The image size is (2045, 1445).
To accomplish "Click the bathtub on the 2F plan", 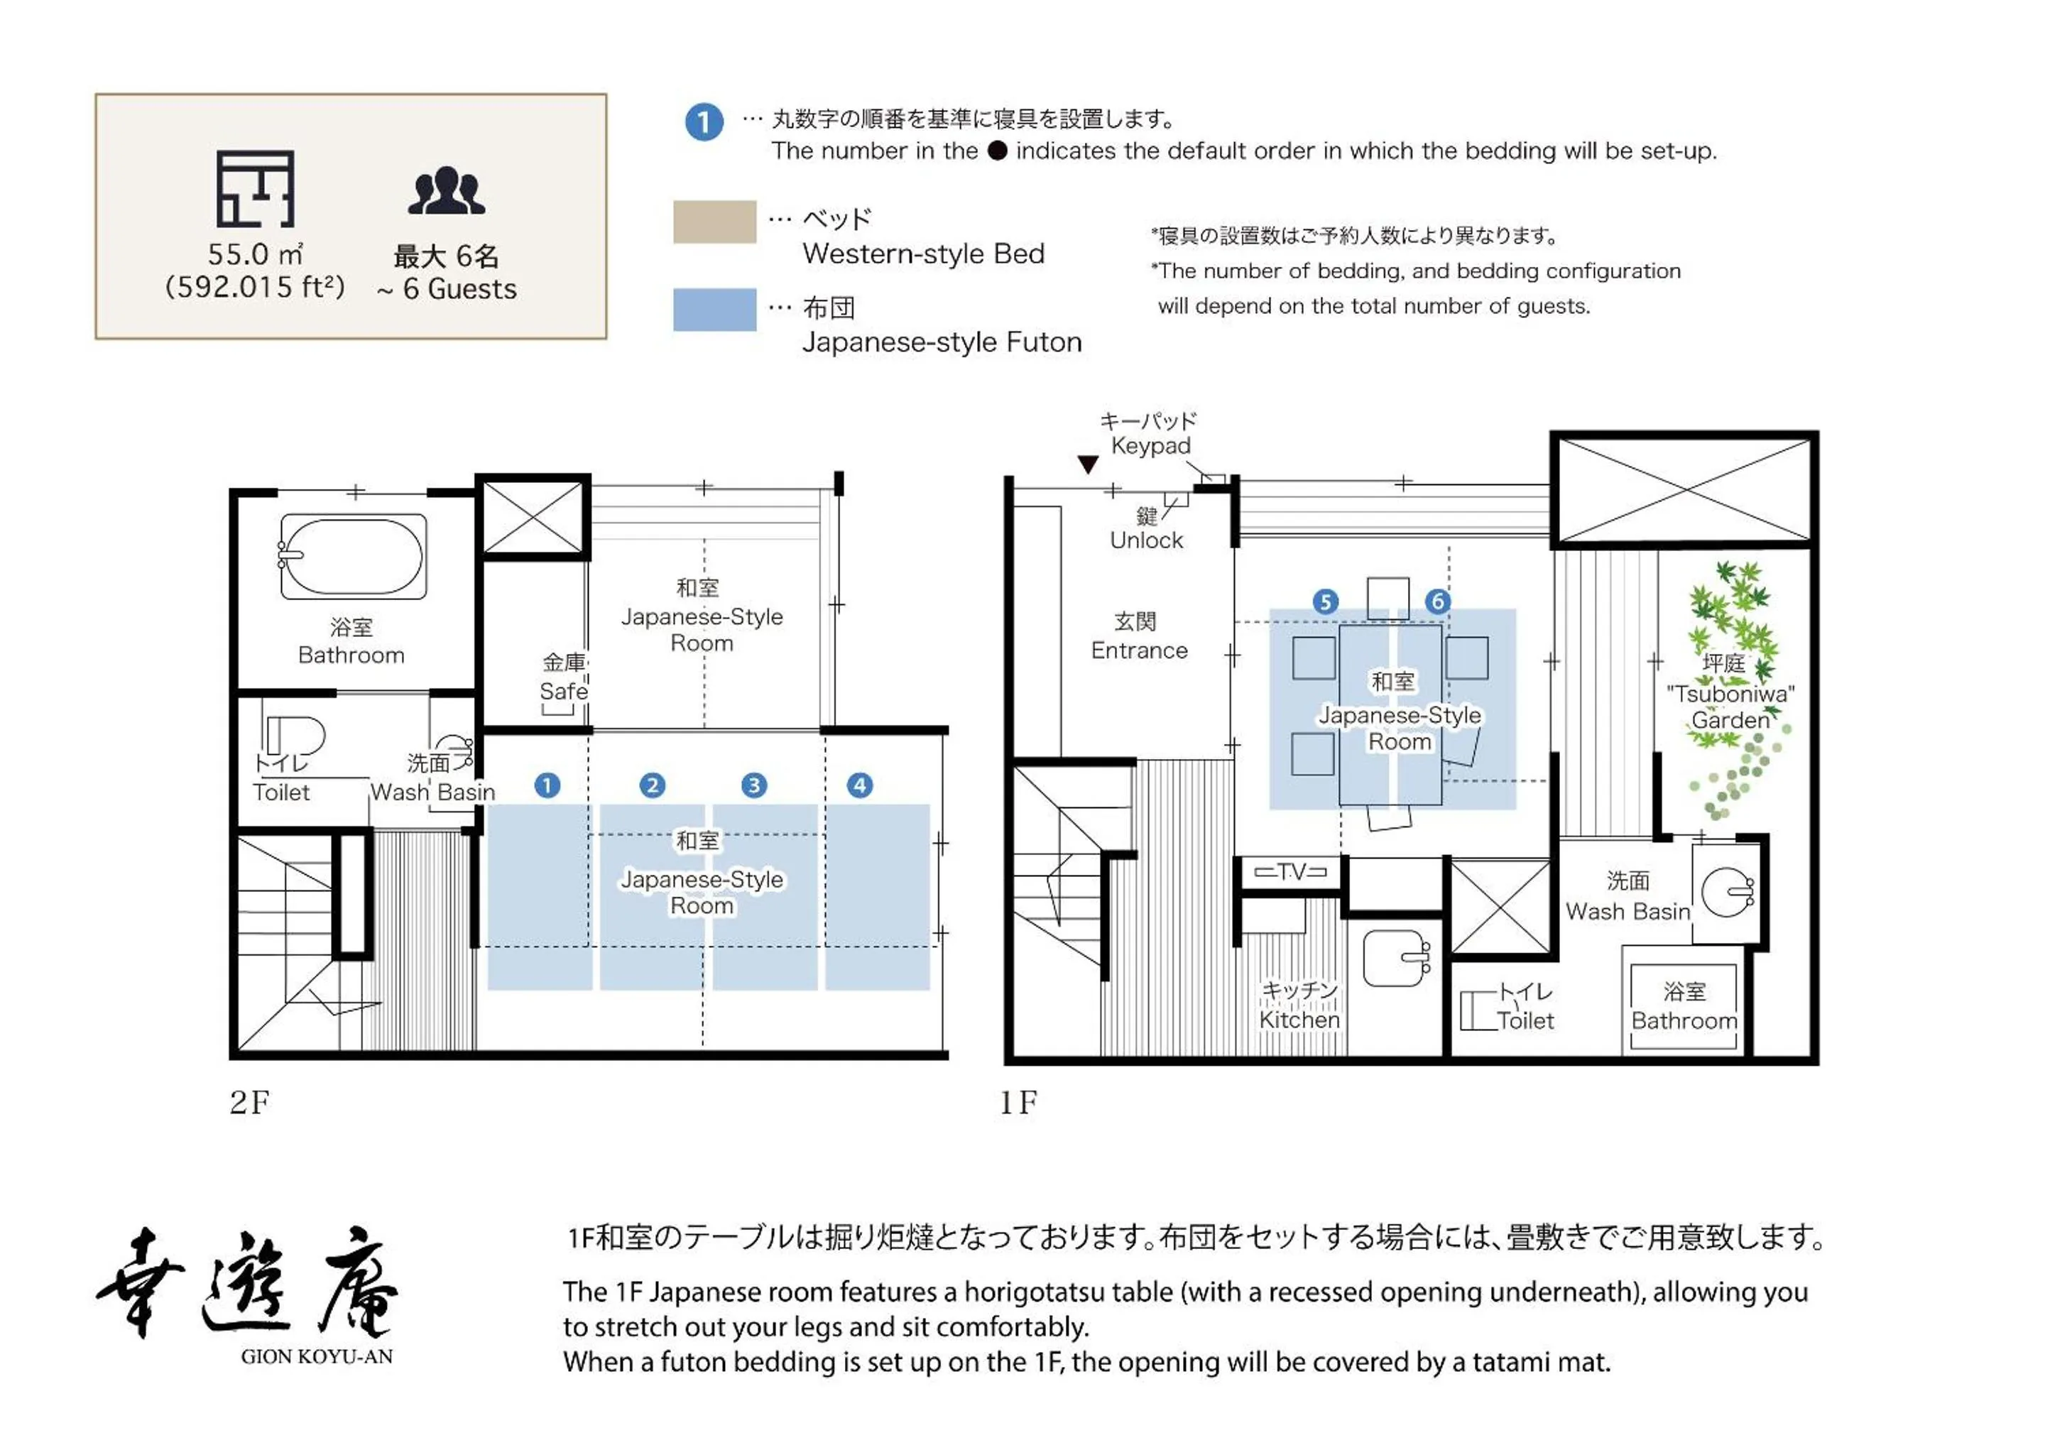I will pyautogui.click(x=353, y=557).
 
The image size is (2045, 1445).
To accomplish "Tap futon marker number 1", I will pyautogui.click(x=547, y=786).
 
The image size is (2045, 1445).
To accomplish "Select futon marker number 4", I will pyautogui.click(x=859, y=786).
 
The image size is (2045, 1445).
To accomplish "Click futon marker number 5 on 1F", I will pyautogui.click(x=1325, y=602).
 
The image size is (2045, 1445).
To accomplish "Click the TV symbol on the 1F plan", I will pyautogui.click(x=1291, y=872).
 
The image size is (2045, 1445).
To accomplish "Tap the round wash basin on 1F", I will pyautogui.click(x=1727, y=892).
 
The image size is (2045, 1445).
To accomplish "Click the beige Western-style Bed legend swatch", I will pyautogui.click(x=714, y=222).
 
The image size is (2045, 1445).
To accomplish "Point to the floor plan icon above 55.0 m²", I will pyautogui.click(x=256, y=189).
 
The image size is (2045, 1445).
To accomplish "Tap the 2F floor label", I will pyautogui.click(x=249, y=1103).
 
